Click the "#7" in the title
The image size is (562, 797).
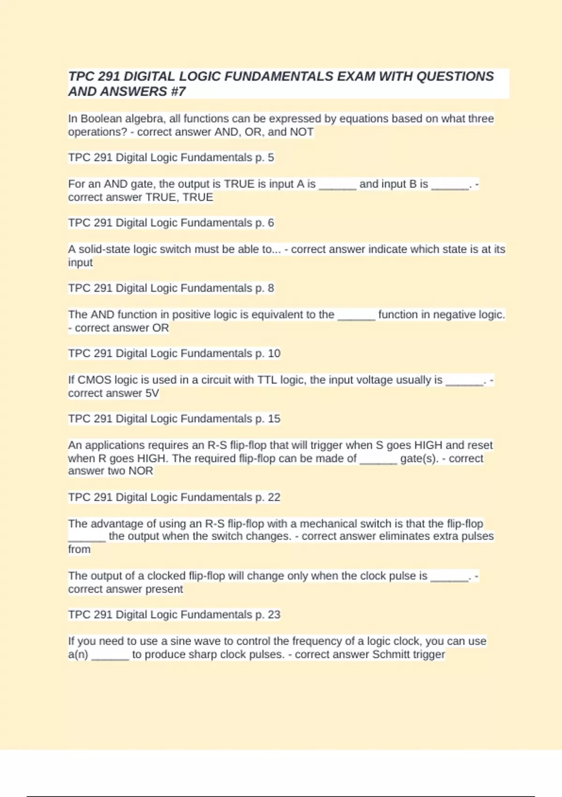(x=178, y=91)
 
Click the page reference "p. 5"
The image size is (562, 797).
(x=265, y=158)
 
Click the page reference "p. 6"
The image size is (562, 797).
(x=265, y=223)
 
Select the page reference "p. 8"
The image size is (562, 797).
(x=265, y=288)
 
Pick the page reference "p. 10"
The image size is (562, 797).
(x=268, y=353)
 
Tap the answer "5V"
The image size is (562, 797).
(x=152, y=393)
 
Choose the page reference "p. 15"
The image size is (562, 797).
(x=268, y=419)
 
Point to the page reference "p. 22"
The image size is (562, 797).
(x=268, y=497)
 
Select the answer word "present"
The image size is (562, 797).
(x=164, y=589)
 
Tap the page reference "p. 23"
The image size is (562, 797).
(x=268, y=615)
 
